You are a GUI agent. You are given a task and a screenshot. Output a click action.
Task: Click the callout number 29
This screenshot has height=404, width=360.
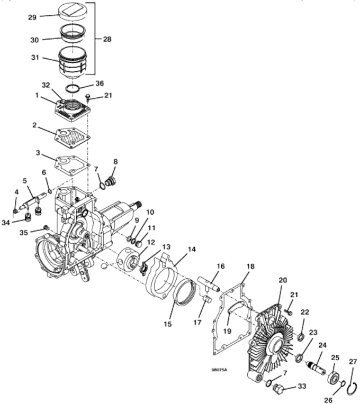click(32, 17)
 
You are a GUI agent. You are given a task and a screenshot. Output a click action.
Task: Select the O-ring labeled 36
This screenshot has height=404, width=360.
click(73, 88)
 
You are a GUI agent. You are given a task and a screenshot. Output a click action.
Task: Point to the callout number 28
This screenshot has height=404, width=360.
click(107, 39)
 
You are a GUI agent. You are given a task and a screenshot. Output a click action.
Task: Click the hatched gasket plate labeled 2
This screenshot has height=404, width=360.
click(73, 137)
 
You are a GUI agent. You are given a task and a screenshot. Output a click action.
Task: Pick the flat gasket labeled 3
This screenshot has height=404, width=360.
click(73, 166)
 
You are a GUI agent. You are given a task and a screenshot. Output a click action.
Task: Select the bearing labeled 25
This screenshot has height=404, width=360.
click(334, 377)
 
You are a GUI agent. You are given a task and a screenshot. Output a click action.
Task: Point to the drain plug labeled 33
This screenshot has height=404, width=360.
click(280, 388)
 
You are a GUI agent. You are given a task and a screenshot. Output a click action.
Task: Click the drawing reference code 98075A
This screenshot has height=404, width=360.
click(219, 370)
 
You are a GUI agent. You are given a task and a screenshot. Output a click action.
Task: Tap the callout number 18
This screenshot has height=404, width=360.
click(250, 267)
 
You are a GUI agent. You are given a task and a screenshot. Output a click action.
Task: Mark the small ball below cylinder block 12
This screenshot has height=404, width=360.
click(104, 267)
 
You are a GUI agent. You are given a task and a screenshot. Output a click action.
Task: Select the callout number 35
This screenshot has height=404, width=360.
click(24, 233)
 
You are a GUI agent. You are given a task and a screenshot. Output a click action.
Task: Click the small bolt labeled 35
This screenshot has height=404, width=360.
click(47, 227)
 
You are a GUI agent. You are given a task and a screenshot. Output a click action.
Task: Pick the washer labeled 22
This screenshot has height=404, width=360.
click(300, 337)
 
